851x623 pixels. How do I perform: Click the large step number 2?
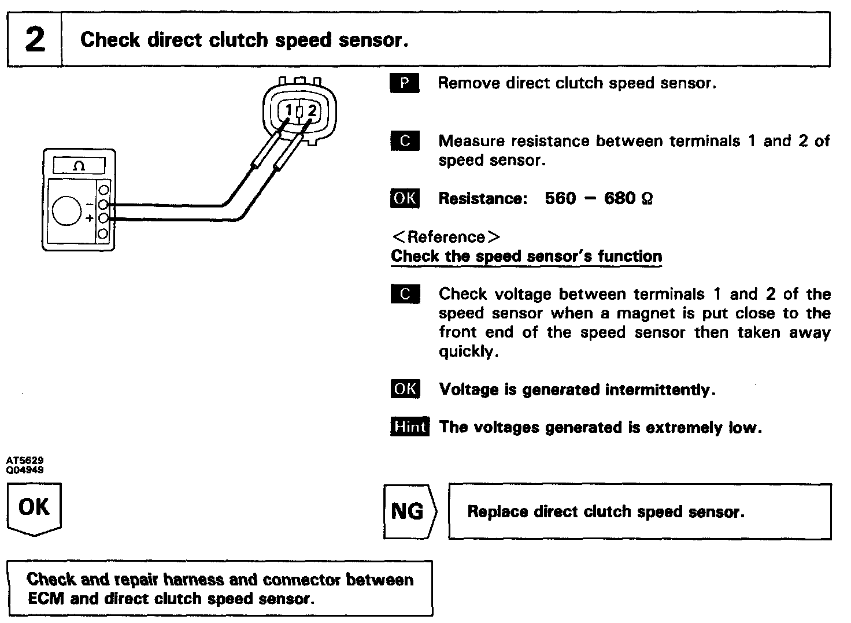tap(35, 40)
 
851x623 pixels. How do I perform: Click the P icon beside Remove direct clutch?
tap(405, 83)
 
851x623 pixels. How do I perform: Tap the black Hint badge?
tap(409, 427)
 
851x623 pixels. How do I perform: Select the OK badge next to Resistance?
tap(405, 198)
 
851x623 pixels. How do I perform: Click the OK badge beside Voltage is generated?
tap(405, 389)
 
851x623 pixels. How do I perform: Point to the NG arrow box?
tap(408, 511)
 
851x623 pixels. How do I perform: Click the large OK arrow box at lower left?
tap(34, 508)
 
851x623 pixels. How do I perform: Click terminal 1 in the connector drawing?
tap(290, 110)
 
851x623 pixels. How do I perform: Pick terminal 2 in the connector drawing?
tap(312, 110)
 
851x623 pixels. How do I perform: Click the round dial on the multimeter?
tap(67, 210)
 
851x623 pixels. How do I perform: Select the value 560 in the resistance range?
tap(560, 199)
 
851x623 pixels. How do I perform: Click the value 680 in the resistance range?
tap(619, 199)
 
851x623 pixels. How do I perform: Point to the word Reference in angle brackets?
tap(446, 237)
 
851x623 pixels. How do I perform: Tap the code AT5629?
tap(25, 461)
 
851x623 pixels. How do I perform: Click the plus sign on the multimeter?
tap(90, 218)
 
